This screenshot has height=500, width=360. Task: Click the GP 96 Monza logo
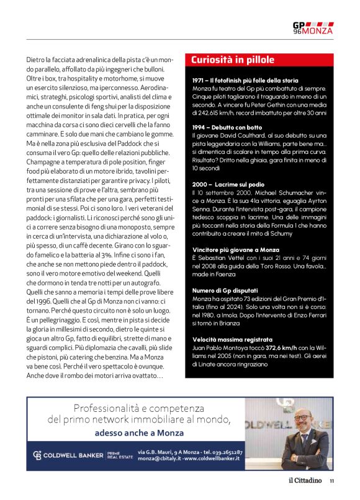coord(312,28)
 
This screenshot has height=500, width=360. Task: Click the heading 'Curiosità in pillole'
coord(233,60)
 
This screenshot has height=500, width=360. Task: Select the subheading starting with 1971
coord(236,81)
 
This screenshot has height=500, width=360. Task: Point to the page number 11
coord(331,480)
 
